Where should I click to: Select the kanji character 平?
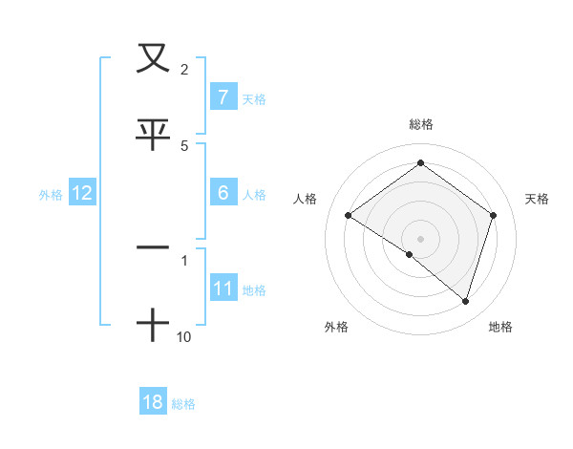[x=153, y=135]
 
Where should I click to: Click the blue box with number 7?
[x=223, y=97]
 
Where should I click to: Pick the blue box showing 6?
[x=223, y=193]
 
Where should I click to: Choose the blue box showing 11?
[x=223, y=289]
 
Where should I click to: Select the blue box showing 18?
[x=153, y=402]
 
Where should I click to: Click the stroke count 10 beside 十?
[x=184, y=336]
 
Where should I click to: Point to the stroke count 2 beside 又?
[x=183, y=69]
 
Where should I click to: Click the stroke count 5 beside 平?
[x=184, y=145]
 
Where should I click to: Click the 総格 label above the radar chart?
[x=420, y=124]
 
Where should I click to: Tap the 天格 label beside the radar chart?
[x=537, y=199]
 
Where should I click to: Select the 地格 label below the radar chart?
[x=500, y=327]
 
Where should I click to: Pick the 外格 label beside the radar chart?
[x=335, y=327]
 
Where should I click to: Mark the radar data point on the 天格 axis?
[x=493, y=216]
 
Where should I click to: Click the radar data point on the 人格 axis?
[x=348, y=216]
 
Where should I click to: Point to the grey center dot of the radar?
[x=420, y=239]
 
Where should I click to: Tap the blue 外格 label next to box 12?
[x=51, y=194]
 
